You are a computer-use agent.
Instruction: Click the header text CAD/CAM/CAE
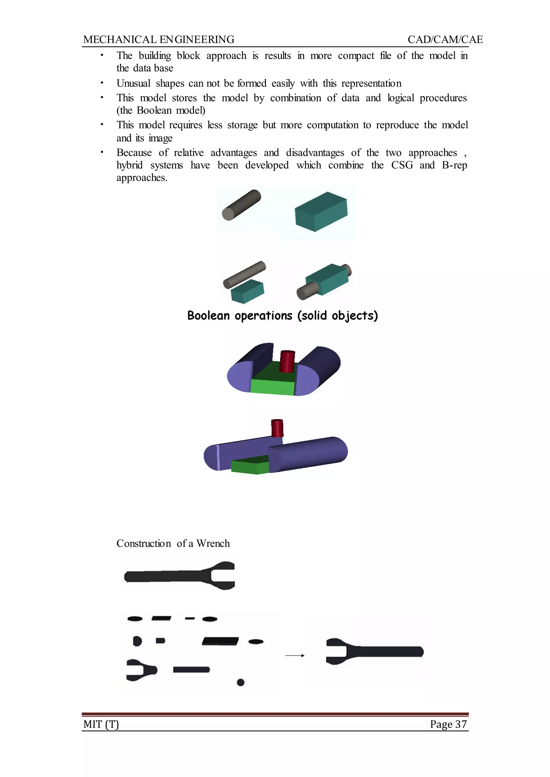pos(445,40)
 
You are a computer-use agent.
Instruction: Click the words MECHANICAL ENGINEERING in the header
pos(158,40)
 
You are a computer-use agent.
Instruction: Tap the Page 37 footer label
pos(448,724)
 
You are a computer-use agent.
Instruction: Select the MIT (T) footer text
pos(101,724)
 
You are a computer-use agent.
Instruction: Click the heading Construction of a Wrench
pos(173,543)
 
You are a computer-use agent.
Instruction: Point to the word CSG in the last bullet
pos(402,165)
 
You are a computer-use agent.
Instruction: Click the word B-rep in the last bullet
pos(454,165)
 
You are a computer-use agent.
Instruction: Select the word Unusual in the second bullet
pos(133,83)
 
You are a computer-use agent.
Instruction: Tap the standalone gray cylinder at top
pos(241,205)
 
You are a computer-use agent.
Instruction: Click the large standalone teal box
pos(321,212)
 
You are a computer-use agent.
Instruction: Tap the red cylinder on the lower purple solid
pos(277,428)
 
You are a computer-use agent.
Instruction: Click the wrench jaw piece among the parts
pos(140,670)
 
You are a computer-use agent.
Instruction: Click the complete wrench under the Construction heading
pos(179,576)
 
